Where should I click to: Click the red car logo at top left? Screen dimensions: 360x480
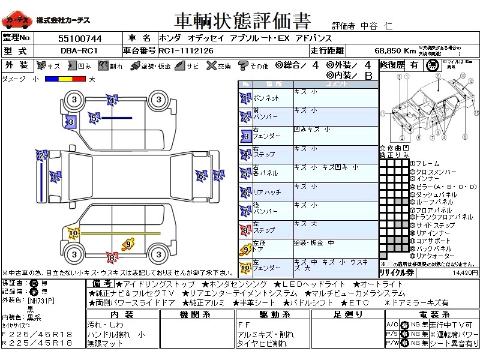[17, 20]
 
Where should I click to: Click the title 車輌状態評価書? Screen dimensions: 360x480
[242, 21]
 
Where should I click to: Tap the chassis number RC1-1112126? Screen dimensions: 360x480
[186, 50]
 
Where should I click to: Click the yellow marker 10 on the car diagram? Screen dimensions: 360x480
[74, 233]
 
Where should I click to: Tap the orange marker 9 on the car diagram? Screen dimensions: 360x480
[127, 244]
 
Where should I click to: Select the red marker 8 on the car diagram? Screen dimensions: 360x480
[111, 259]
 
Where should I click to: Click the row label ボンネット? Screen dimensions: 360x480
[266, 97]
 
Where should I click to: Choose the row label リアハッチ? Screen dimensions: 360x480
[267, 193]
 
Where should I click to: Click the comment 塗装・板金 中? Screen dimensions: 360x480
[314, 243]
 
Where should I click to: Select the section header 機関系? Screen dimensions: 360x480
[197, 314]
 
